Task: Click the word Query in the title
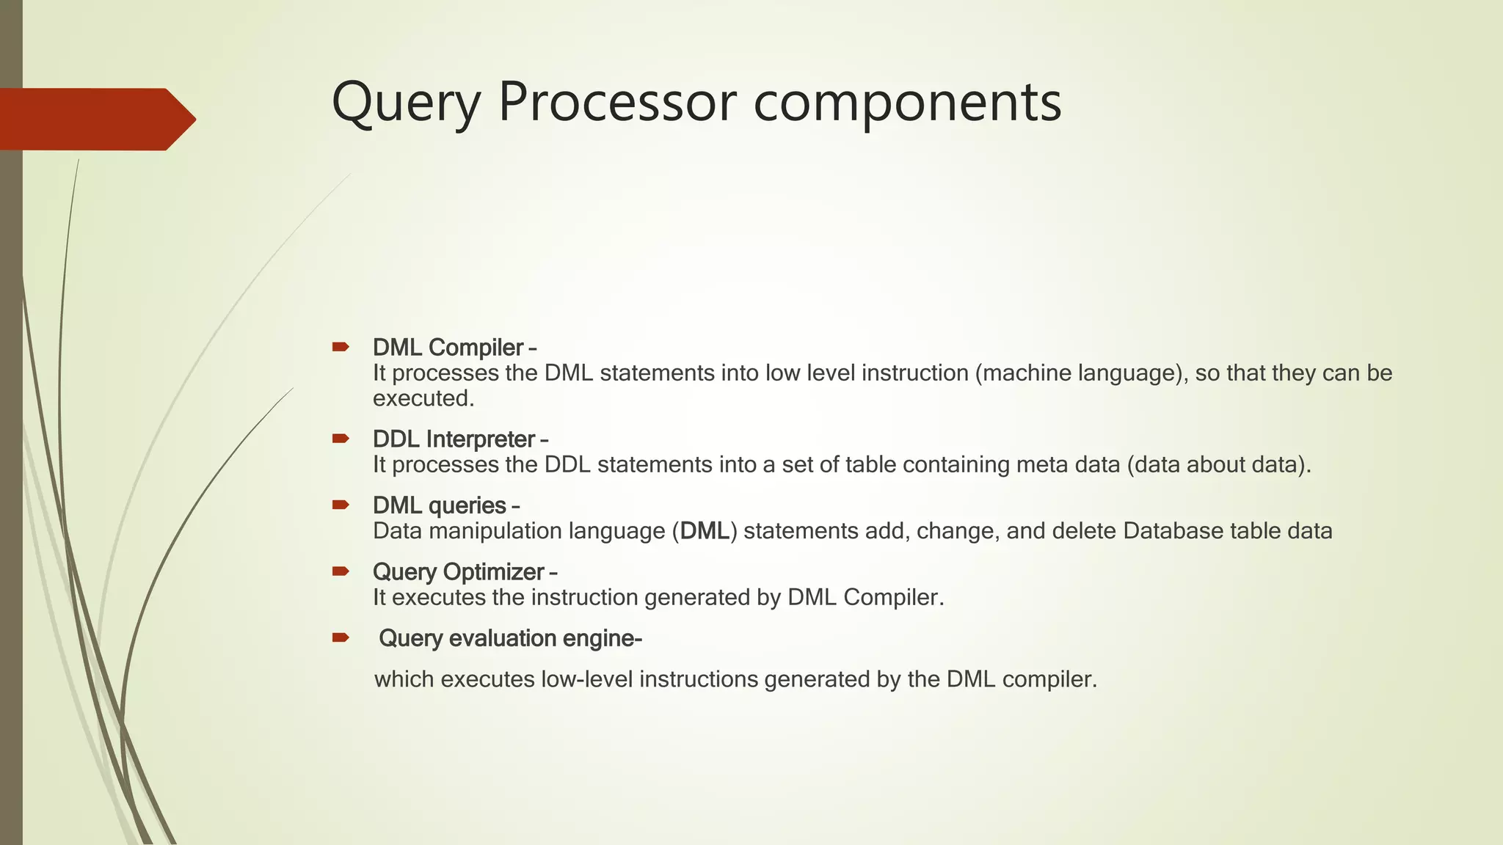[406, 103]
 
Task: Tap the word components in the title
[907, 103]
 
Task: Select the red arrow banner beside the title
[95, 119]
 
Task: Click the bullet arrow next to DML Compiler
[341, 347]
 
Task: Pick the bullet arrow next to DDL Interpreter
[341, 439]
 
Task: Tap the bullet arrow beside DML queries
[341, 505]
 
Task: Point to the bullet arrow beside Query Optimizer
[341, 571]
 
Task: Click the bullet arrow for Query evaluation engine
[341, 637]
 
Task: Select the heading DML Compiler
[448, 347]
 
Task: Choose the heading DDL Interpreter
[454, 439]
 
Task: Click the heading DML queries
[440, 505]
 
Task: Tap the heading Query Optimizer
[459, 571]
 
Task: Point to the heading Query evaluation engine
[510, 638]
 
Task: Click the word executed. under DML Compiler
[423, 398]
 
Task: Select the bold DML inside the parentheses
[705, 531]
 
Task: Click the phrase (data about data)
[1218, 465]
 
